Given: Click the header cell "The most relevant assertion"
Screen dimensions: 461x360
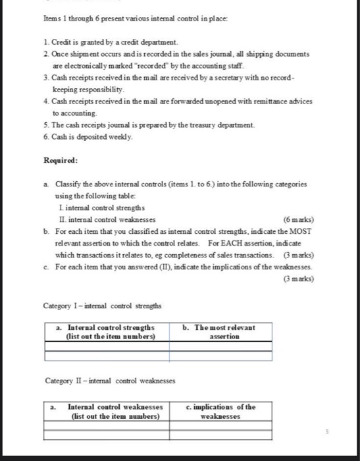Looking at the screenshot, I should click(x=224, y=331).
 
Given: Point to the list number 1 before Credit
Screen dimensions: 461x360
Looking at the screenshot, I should click(x=45, y=42).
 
